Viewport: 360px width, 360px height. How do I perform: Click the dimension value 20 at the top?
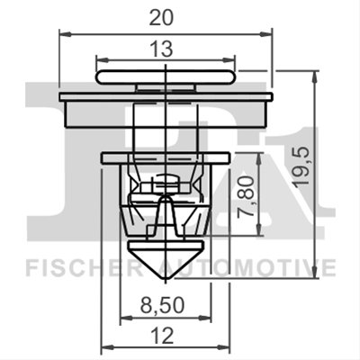point(161,18)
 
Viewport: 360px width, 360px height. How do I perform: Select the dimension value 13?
point(162,49)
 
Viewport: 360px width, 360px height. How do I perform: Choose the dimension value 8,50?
point(162,306)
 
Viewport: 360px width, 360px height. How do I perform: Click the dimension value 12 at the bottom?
point(163,336)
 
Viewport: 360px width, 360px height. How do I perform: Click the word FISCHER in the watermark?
point(81,267)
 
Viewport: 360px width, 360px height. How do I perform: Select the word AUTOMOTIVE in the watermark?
point(246,267)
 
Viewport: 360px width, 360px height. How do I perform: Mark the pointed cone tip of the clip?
point(166,279)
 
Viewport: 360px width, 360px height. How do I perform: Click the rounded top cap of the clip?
point(166,77)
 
